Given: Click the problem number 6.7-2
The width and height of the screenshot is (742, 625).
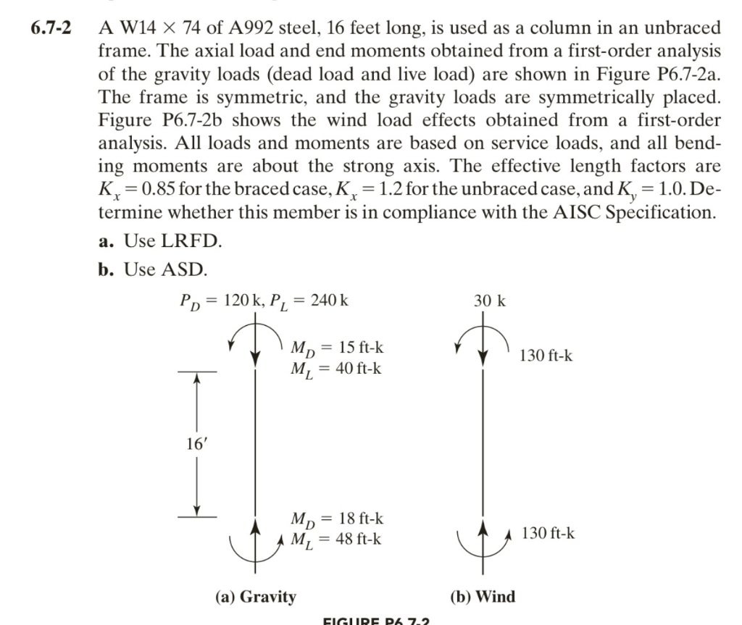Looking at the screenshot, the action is tap(53, 30).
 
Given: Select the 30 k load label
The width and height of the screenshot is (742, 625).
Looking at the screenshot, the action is tap(491, 301).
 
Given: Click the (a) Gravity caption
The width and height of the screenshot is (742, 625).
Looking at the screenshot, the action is tap(256, 597).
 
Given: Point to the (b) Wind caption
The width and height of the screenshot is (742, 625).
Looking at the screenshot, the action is tap(483, 597).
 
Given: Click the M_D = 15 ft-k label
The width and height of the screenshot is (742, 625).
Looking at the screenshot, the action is tap(336, 348).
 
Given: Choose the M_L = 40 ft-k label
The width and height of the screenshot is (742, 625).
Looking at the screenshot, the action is tap(336, 369).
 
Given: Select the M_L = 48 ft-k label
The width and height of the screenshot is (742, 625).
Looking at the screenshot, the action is tap(336, 540).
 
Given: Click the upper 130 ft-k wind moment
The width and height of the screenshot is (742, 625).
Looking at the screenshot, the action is tap(546, 356).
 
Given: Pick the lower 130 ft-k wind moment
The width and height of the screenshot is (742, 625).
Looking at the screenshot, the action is tap(549, 533).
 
